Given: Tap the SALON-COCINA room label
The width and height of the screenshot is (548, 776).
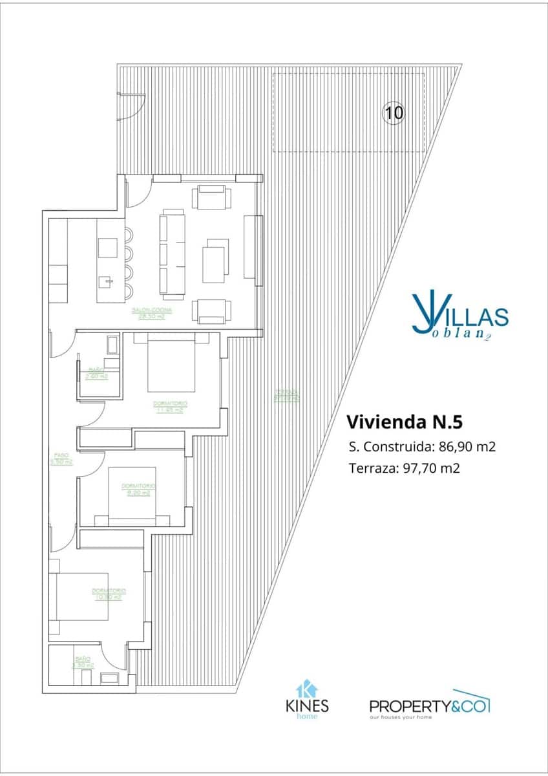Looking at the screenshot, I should coord(153,314).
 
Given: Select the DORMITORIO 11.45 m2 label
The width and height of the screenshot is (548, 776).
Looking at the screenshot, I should coord(169,406).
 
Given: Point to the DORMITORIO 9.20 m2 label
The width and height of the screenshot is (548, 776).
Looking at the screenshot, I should coord(138,489).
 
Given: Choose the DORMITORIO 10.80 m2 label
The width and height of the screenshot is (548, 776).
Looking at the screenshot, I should coord(109,594).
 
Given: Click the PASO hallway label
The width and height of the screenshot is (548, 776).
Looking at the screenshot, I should coord(61,458).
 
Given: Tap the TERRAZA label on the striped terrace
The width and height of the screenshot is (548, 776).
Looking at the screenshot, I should coord(285,395).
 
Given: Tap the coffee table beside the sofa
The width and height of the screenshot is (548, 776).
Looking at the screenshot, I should coord(216,261).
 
